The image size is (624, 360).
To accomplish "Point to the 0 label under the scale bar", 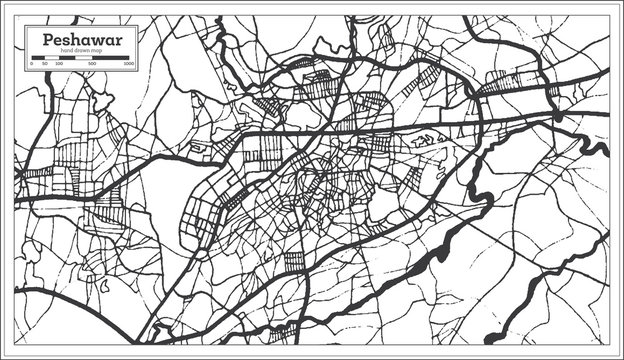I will coord(32,63).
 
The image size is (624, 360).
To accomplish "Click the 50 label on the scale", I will coord(46,63).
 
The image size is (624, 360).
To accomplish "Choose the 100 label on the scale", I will coord(58,63).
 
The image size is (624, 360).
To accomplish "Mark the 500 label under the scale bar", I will coord(92,63).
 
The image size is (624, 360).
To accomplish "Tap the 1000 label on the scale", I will coord(128,63).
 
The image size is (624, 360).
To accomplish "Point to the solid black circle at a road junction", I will coord(558,116).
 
